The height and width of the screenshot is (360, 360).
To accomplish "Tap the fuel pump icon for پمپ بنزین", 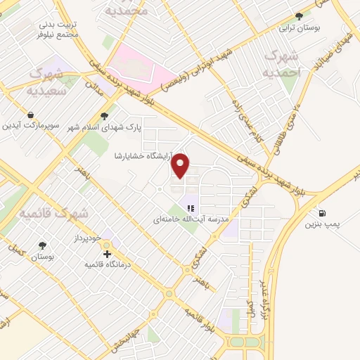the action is pyautogui.click(x=323, y=213).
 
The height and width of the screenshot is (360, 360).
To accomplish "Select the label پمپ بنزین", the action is pyautogui.click(x=323, y=225).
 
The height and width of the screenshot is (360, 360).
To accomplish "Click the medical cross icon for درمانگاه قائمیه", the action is pyautogui.click(x=107, y=254).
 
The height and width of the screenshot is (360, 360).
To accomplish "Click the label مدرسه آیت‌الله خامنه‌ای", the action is pyautogui.click(x=193, y=219).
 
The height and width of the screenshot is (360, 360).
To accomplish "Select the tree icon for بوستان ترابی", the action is pyautogui.click(x=300, y=15).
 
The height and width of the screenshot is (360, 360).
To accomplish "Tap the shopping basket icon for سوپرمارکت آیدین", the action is pyautogui.click(x=30, y=115).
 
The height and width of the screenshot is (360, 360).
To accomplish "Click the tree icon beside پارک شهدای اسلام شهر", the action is pyautogui.click(x=105, y=116).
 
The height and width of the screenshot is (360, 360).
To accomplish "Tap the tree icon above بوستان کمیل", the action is pyautogui.click(x=44, y=245).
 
